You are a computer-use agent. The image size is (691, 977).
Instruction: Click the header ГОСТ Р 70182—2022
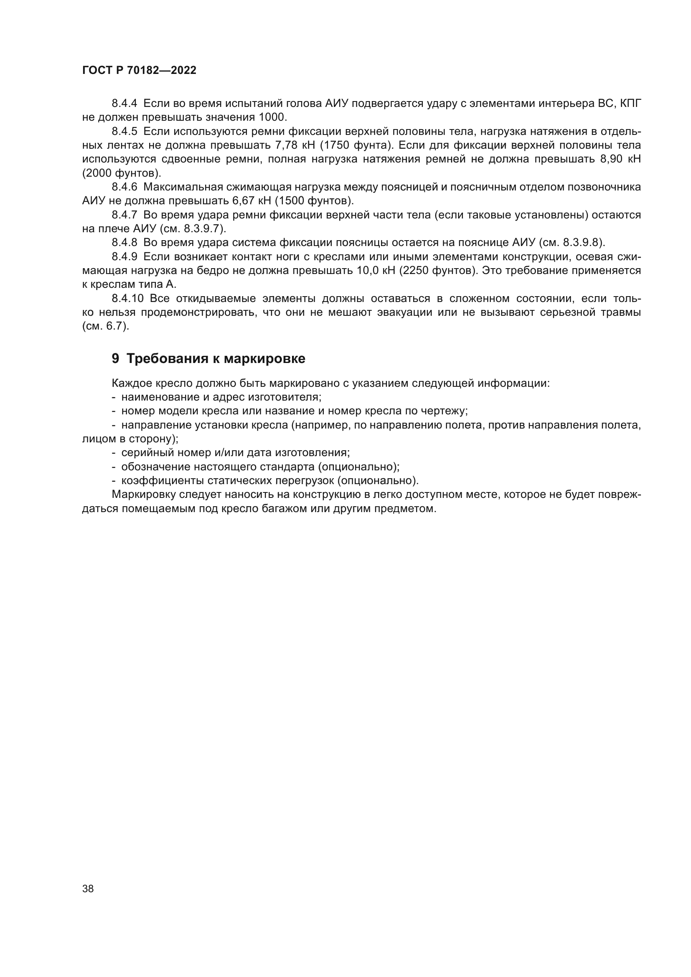(x=139, y=71)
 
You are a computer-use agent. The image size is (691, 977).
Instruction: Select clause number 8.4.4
(x=124, y=104)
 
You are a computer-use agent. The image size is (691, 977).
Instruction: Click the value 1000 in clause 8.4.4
(x=272, y=117)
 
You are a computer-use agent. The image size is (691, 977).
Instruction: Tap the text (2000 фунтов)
(x=122, y=173)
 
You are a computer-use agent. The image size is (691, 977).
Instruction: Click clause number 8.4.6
(x=124, y=187)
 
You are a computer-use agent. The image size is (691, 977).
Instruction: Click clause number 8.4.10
(x=128, y=298)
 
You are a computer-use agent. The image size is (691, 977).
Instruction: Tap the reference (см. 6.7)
(x=106, y=326)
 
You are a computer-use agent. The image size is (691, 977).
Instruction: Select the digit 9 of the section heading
(x=115, y=359)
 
